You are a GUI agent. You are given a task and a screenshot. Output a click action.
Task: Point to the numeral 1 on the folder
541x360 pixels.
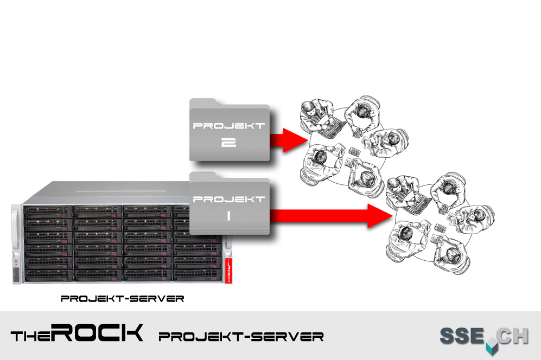point(228,216)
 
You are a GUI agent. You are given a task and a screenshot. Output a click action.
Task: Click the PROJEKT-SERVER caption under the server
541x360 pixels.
point(122,298)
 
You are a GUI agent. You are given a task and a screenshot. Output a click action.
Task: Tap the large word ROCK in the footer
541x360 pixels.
point(98,333)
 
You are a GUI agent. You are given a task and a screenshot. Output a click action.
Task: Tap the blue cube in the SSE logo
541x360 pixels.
point(491,345)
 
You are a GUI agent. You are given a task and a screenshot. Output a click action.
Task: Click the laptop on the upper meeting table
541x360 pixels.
point(332,127)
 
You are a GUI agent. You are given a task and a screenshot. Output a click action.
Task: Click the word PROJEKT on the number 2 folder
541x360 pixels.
point(229,126)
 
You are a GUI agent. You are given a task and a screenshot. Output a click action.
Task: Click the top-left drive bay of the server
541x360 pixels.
point(48,210)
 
